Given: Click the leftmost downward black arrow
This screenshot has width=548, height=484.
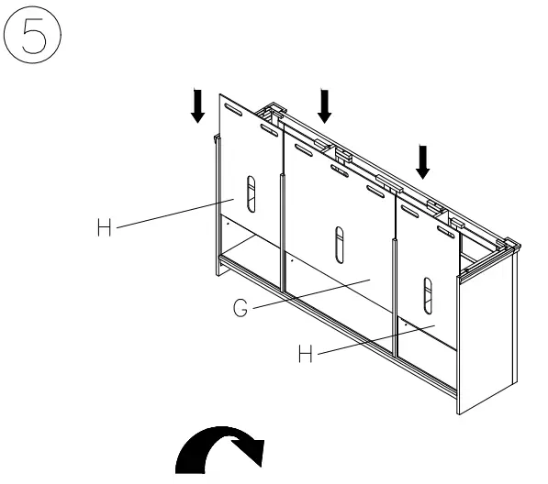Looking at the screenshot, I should tap(197, 106).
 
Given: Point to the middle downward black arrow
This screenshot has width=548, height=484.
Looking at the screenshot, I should tap(324, 104).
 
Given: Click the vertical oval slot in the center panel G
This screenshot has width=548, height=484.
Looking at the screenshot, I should tap(338, 243).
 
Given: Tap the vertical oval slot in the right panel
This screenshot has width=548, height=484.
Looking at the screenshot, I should tap(425, 292).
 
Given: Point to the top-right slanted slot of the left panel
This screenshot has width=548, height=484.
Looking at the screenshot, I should tap(269, 131).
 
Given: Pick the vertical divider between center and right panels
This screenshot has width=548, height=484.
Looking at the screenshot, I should tap(395, 293).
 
